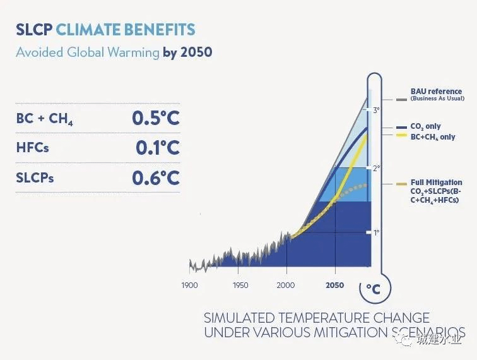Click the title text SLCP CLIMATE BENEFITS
(105, 30)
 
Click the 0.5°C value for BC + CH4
(155, 118)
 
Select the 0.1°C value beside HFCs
(157, 148)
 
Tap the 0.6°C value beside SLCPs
(155, 177)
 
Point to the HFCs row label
(32, 148)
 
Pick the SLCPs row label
(35, 178)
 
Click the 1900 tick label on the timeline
(189, 285)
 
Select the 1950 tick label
(240, 285)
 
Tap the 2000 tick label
(286, 285)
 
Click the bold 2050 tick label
(334, 285)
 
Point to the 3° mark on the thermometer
(376, 110)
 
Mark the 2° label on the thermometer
(376, 168)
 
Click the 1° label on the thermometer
(376, 232)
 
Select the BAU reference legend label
(436, 92)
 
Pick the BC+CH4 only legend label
(433, 137)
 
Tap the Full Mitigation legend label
(436, 183)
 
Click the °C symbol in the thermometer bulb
(373, 289)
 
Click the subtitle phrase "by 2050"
(187, 52)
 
